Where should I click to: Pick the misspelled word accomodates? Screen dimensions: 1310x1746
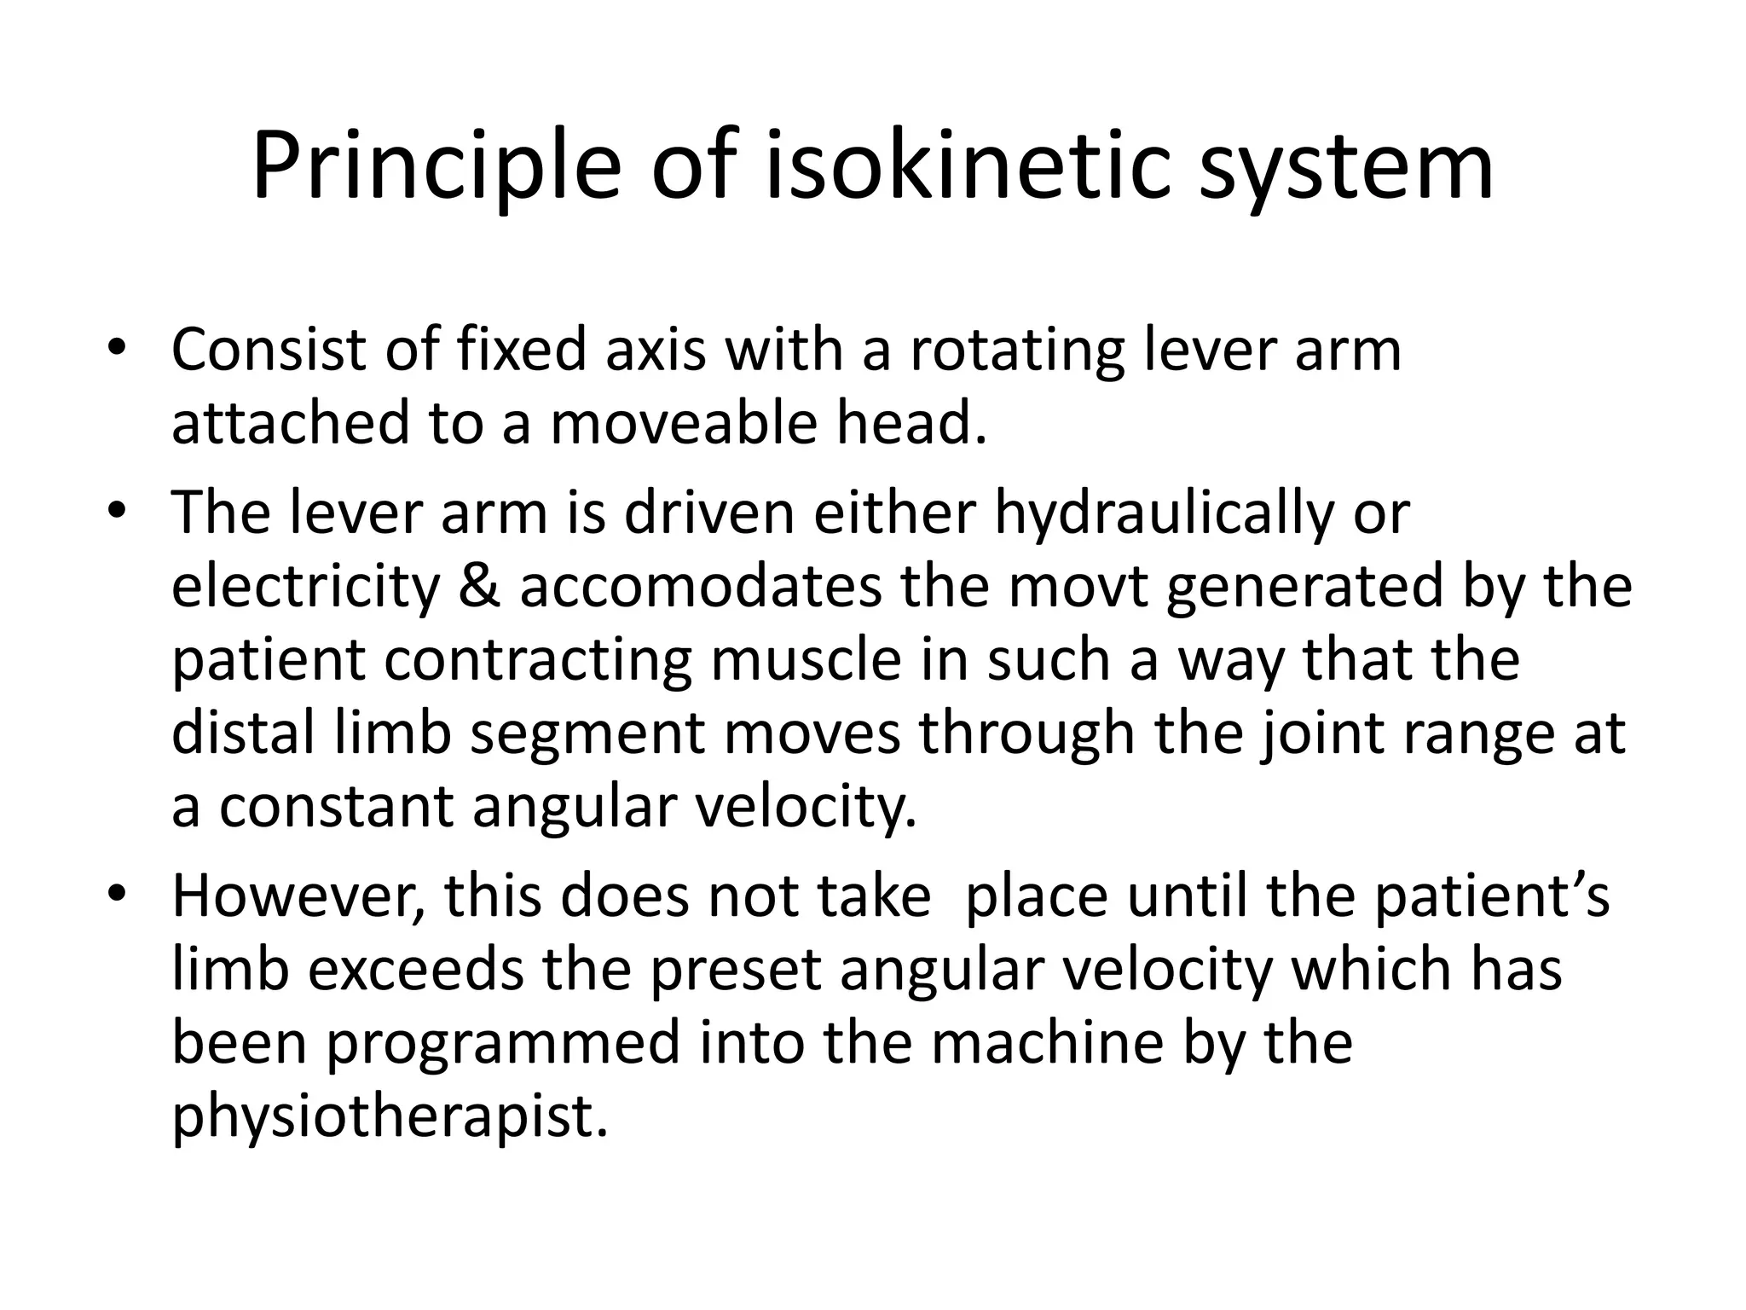701,588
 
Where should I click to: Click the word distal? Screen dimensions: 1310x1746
243,733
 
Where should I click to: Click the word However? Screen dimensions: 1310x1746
298,897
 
